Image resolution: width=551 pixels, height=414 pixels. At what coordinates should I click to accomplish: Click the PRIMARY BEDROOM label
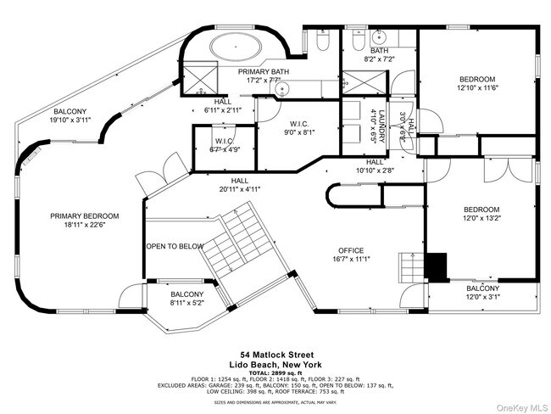(x=83, y=216)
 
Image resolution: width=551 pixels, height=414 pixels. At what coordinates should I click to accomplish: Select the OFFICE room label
(x=351, y=250)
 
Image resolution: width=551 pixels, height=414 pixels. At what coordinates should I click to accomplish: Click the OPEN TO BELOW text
(x=175, y=246)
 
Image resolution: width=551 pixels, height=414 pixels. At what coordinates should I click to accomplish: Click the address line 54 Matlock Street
(x=276, y=355)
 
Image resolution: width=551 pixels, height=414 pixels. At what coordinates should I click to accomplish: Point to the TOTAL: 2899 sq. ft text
(x=276, y=372)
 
